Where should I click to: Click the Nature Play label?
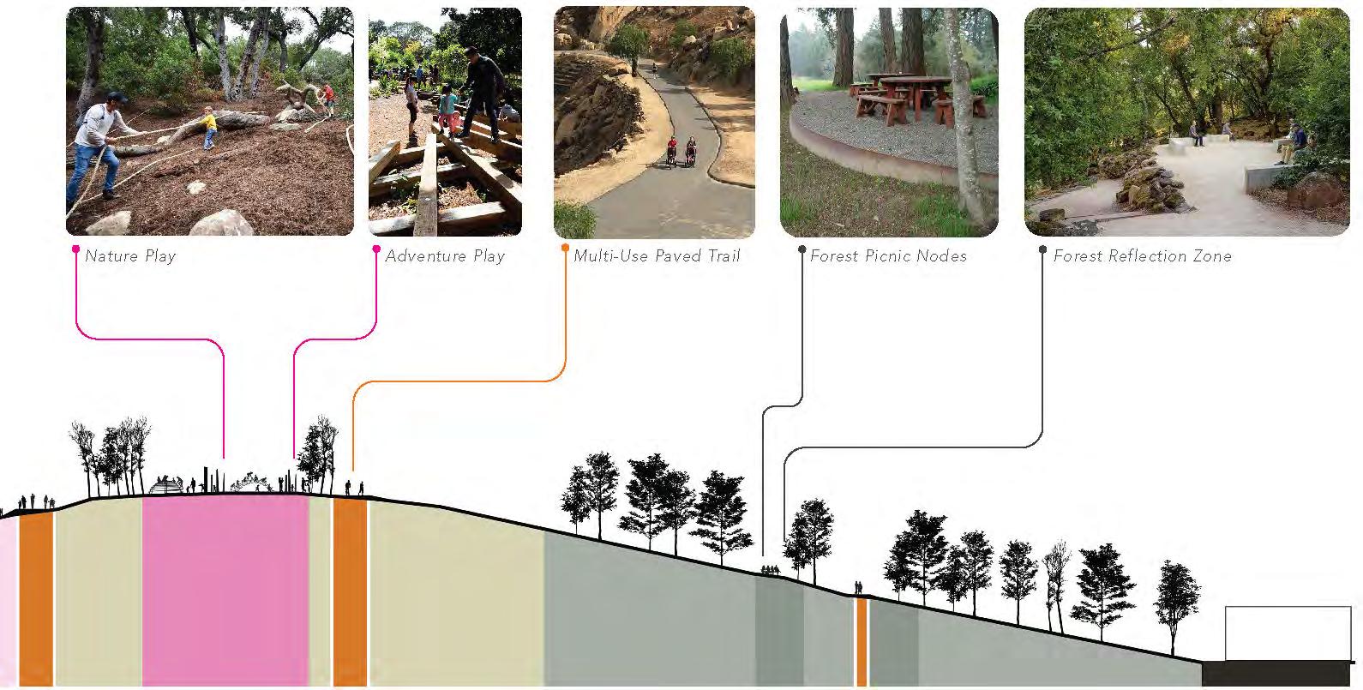coord(130,255)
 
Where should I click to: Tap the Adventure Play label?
coord(445,255)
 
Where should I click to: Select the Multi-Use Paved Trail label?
coord(657,255)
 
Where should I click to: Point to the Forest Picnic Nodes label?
coord(888,255)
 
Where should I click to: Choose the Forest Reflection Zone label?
coord(1142,255)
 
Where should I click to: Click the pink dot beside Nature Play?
coord(76,249)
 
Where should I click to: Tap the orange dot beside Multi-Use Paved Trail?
coord(565,249)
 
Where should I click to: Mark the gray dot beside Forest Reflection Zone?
coord(1042,249)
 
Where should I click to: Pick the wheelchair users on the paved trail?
coord(680,153)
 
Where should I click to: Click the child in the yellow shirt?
coord(208,126)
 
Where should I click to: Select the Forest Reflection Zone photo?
coord(1186,122)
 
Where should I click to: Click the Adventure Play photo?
coord(445,122)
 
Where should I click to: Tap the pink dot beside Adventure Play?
coord(376,249)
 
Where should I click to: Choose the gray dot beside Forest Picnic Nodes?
coord(802,249)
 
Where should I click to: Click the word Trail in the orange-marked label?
coord(719,255)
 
